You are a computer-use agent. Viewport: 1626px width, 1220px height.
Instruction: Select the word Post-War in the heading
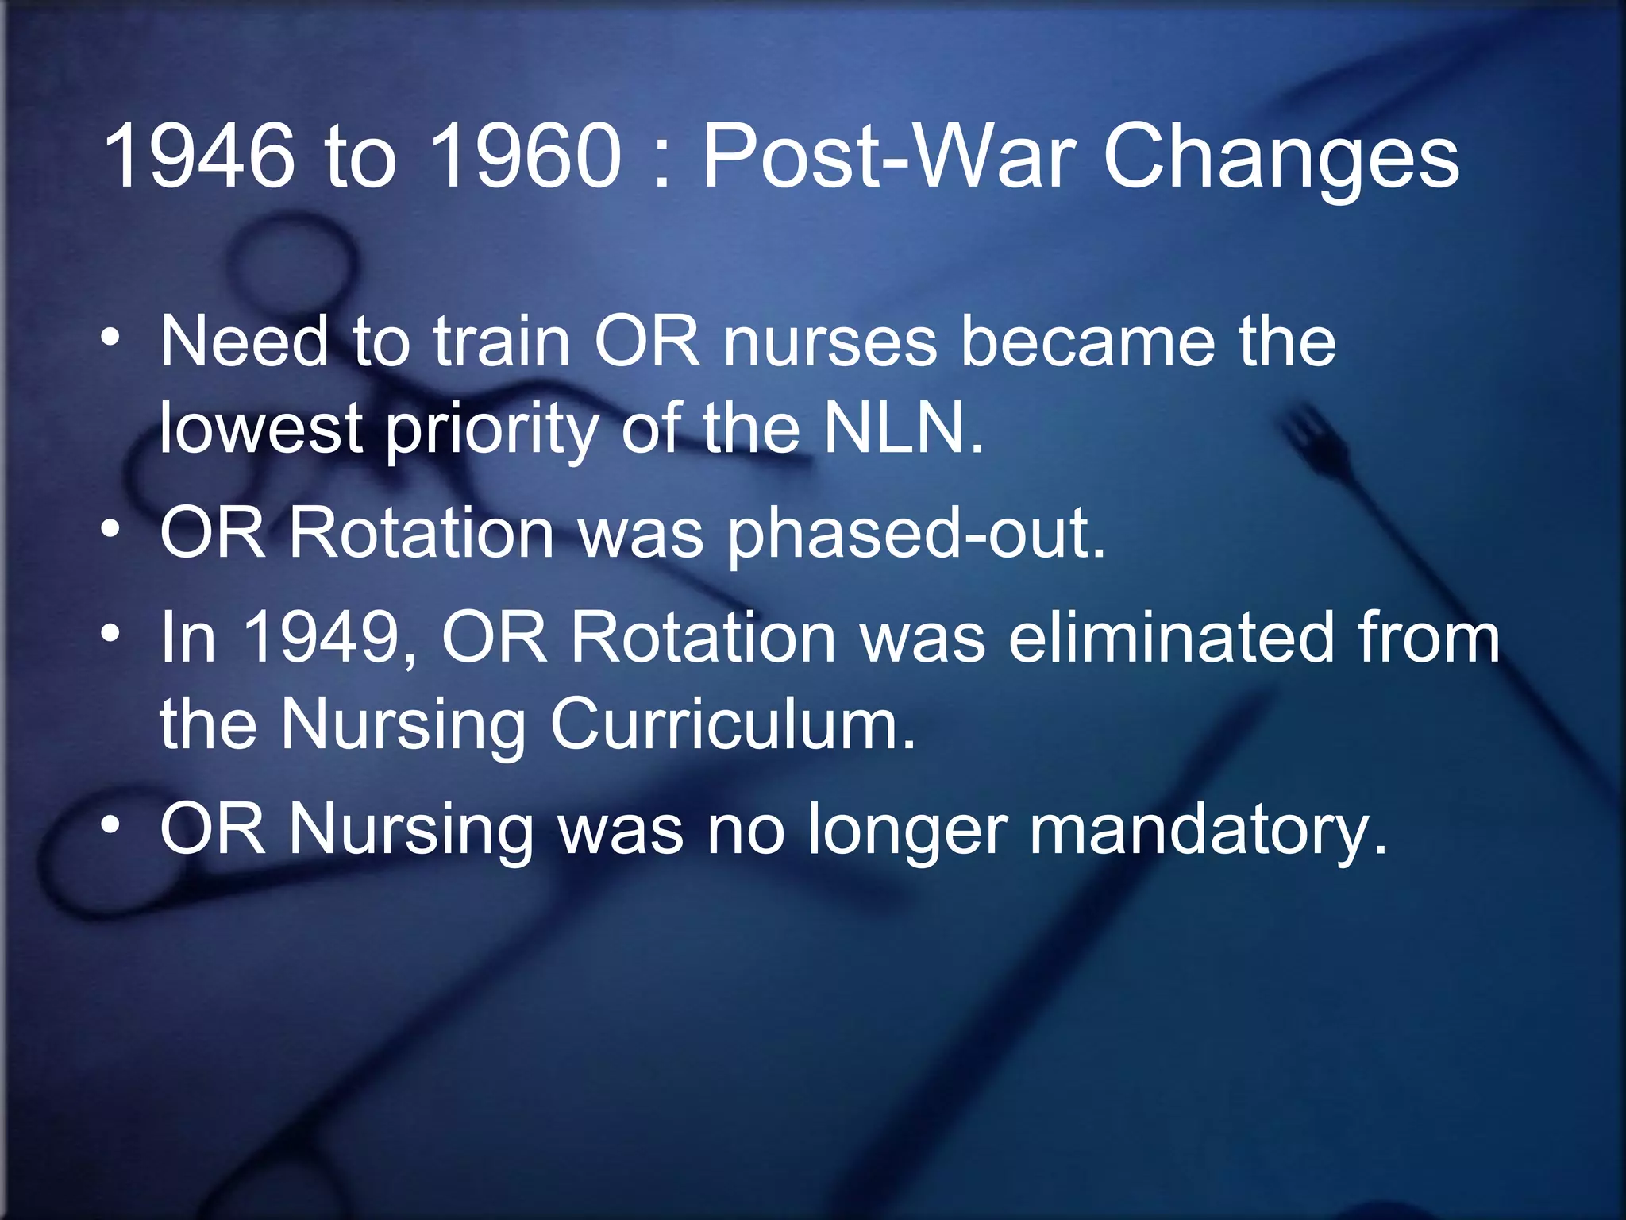(889, 156)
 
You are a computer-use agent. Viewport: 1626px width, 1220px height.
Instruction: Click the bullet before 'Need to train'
(110, 339)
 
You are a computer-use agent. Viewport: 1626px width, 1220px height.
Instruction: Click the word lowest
(261, 429)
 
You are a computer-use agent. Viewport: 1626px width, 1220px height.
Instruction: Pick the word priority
(492, 433)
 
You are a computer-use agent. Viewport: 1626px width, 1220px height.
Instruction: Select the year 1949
(322, 638)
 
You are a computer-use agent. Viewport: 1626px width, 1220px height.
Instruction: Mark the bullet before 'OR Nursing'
(110, 825)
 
